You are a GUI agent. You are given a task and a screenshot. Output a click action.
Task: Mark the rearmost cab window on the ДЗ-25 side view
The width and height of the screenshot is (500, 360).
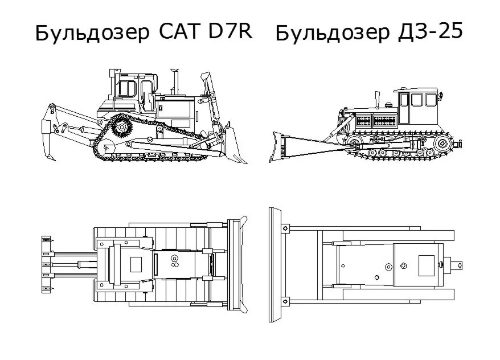coord(431,100)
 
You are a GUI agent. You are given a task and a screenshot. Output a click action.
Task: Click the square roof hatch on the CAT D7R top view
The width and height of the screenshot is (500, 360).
coord(136,264)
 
